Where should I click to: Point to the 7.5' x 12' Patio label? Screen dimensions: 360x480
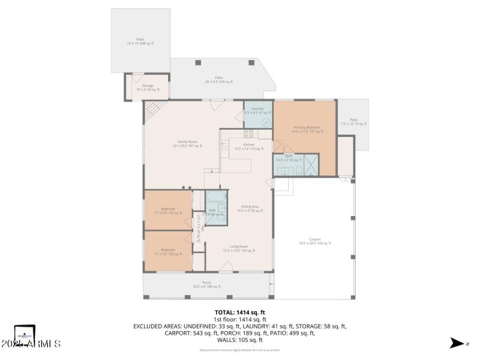tap(353, 122)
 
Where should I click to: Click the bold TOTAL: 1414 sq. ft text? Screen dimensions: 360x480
tap(240, 313)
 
